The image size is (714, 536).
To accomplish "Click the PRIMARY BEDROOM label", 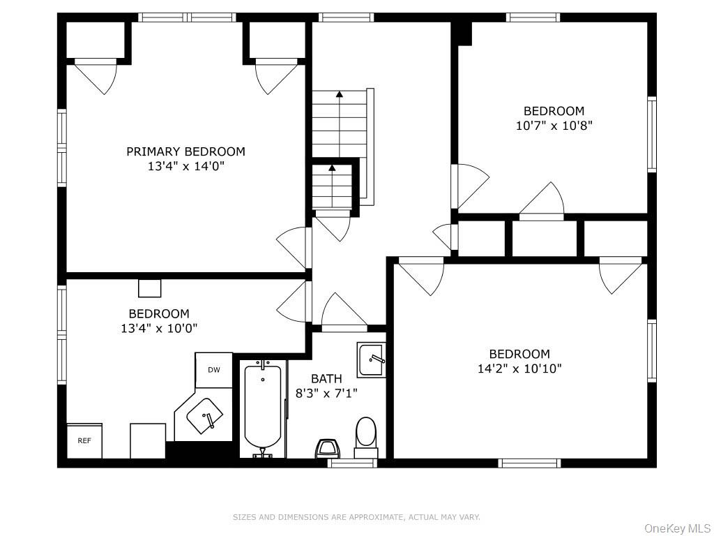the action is (185, 151).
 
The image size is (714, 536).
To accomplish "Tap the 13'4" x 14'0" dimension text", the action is (186, 166).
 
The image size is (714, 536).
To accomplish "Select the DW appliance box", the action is (214, 370).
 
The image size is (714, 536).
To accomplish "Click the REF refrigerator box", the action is (84, 441).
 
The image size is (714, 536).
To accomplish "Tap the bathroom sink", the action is (372, 360).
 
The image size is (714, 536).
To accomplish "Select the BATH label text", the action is (326, 378).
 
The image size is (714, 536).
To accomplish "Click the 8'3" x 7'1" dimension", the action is (326, 393).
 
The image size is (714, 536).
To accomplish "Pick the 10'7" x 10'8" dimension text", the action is (554, 126).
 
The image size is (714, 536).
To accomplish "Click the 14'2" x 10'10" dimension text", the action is (519, 368).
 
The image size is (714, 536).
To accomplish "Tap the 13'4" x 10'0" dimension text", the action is (159, 328).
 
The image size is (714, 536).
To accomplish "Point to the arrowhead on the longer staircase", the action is (340, 94).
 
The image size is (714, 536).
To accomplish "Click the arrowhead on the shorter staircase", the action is (332, 167).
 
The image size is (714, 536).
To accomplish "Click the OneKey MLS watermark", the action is (678, 528).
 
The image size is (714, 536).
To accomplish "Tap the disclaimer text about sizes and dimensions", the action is (356, 517).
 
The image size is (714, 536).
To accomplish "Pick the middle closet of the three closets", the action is (545, 239).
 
